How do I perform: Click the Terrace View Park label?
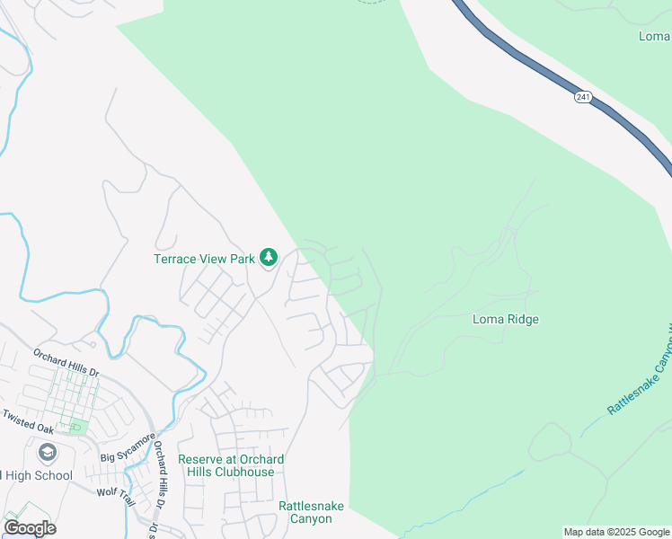pos(205,259)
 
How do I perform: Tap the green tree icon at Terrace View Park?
pos(268,258)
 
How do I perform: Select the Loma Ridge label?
pos(506,319)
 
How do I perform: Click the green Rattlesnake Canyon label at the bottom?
pos(311,512)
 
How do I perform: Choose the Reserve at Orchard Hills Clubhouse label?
pos(231,465)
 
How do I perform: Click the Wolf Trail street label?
pos(115,492)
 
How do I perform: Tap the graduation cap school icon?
pos(48,452)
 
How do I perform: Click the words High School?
pos(38,475)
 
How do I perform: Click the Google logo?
pos(30,527)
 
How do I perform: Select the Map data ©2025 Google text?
pos(615,532)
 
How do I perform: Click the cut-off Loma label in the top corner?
pos(654,36)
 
